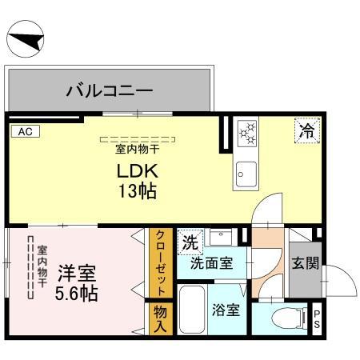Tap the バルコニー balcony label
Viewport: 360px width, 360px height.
coord(110,90)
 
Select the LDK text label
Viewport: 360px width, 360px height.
coord(140,171)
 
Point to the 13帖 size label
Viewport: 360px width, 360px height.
coord(139,192)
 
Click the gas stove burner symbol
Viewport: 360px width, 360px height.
coord(246,134)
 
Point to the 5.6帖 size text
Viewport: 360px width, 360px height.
coord(77,293)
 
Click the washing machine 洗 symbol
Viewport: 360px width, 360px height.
coord(190,241)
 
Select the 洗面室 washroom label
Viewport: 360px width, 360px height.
coord(211,262)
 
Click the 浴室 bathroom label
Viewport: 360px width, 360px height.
coord(226,310)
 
